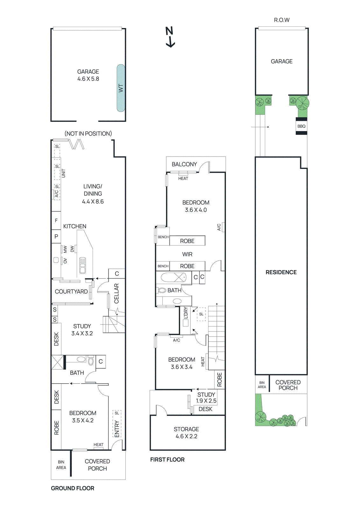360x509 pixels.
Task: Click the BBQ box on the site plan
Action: [301, 126]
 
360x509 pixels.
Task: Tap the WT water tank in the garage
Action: [121, 88]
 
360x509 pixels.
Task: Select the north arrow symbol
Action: [170, 37]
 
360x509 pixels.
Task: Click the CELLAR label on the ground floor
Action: [116, 293]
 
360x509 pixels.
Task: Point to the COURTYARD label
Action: [71, 291]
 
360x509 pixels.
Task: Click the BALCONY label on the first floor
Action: [184, 164]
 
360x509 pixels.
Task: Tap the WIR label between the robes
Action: [187, 254]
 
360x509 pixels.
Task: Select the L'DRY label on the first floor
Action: [186, 313]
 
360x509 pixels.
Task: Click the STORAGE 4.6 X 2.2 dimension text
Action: [187, 436]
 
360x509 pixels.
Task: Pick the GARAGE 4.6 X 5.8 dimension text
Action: [88, 79]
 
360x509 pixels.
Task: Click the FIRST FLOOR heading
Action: [167, 459]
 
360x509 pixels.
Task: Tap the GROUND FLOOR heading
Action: [73, 488]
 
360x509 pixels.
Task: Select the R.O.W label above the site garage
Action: [282, 20]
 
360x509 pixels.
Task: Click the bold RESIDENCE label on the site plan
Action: [281, 272]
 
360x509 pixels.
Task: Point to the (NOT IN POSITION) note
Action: [88, 134]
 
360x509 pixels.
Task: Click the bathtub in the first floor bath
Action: [173, 277]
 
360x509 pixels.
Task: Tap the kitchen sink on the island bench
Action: [82, 265]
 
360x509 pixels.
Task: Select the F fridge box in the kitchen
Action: [56, 220]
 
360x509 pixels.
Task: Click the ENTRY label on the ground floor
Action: [117, 429]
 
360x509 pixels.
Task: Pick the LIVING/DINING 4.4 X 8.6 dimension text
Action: [93, 201]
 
